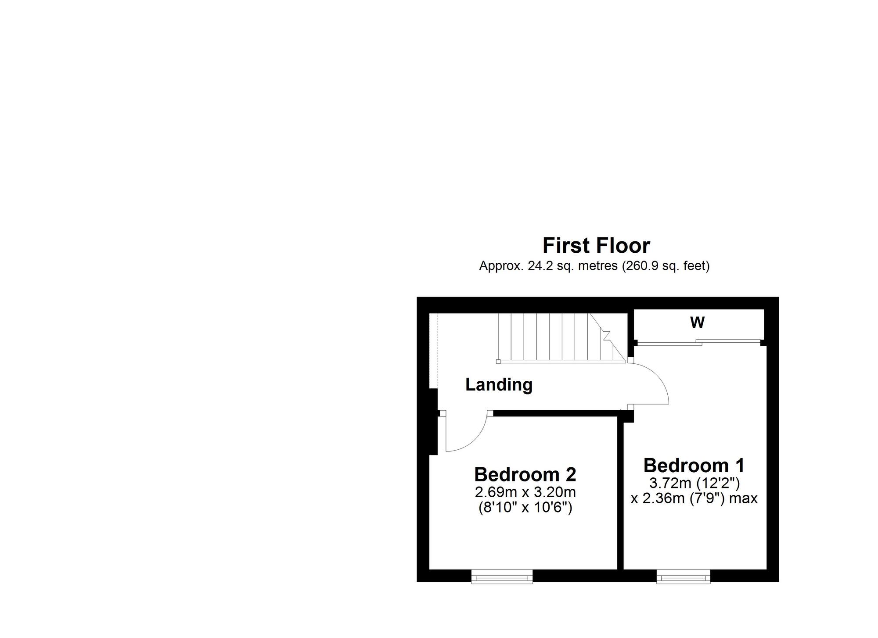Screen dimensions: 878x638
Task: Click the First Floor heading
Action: (596, 246)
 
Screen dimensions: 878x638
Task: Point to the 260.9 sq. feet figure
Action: (666, 266)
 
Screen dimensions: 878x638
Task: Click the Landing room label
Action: (499, 385)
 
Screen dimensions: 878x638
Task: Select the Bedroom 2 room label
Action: (525, 474)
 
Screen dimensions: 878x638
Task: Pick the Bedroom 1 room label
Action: (694, 465)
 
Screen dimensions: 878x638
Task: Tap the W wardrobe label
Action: (697, 323)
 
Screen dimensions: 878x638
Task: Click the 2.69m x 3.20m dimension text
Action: (525, 492)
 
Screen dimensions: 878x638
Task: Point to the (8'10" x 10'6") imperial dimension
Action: (525, 508)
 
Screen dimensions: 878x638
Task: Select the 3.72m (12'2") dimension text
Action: (694, 483)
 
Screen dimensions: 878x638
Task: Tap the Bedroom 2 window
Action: (502, 577)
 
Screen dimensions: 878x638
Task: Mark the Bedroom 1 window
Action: (683, 577)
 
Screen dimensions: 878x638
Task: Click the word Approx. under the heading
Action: (500, 266)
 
